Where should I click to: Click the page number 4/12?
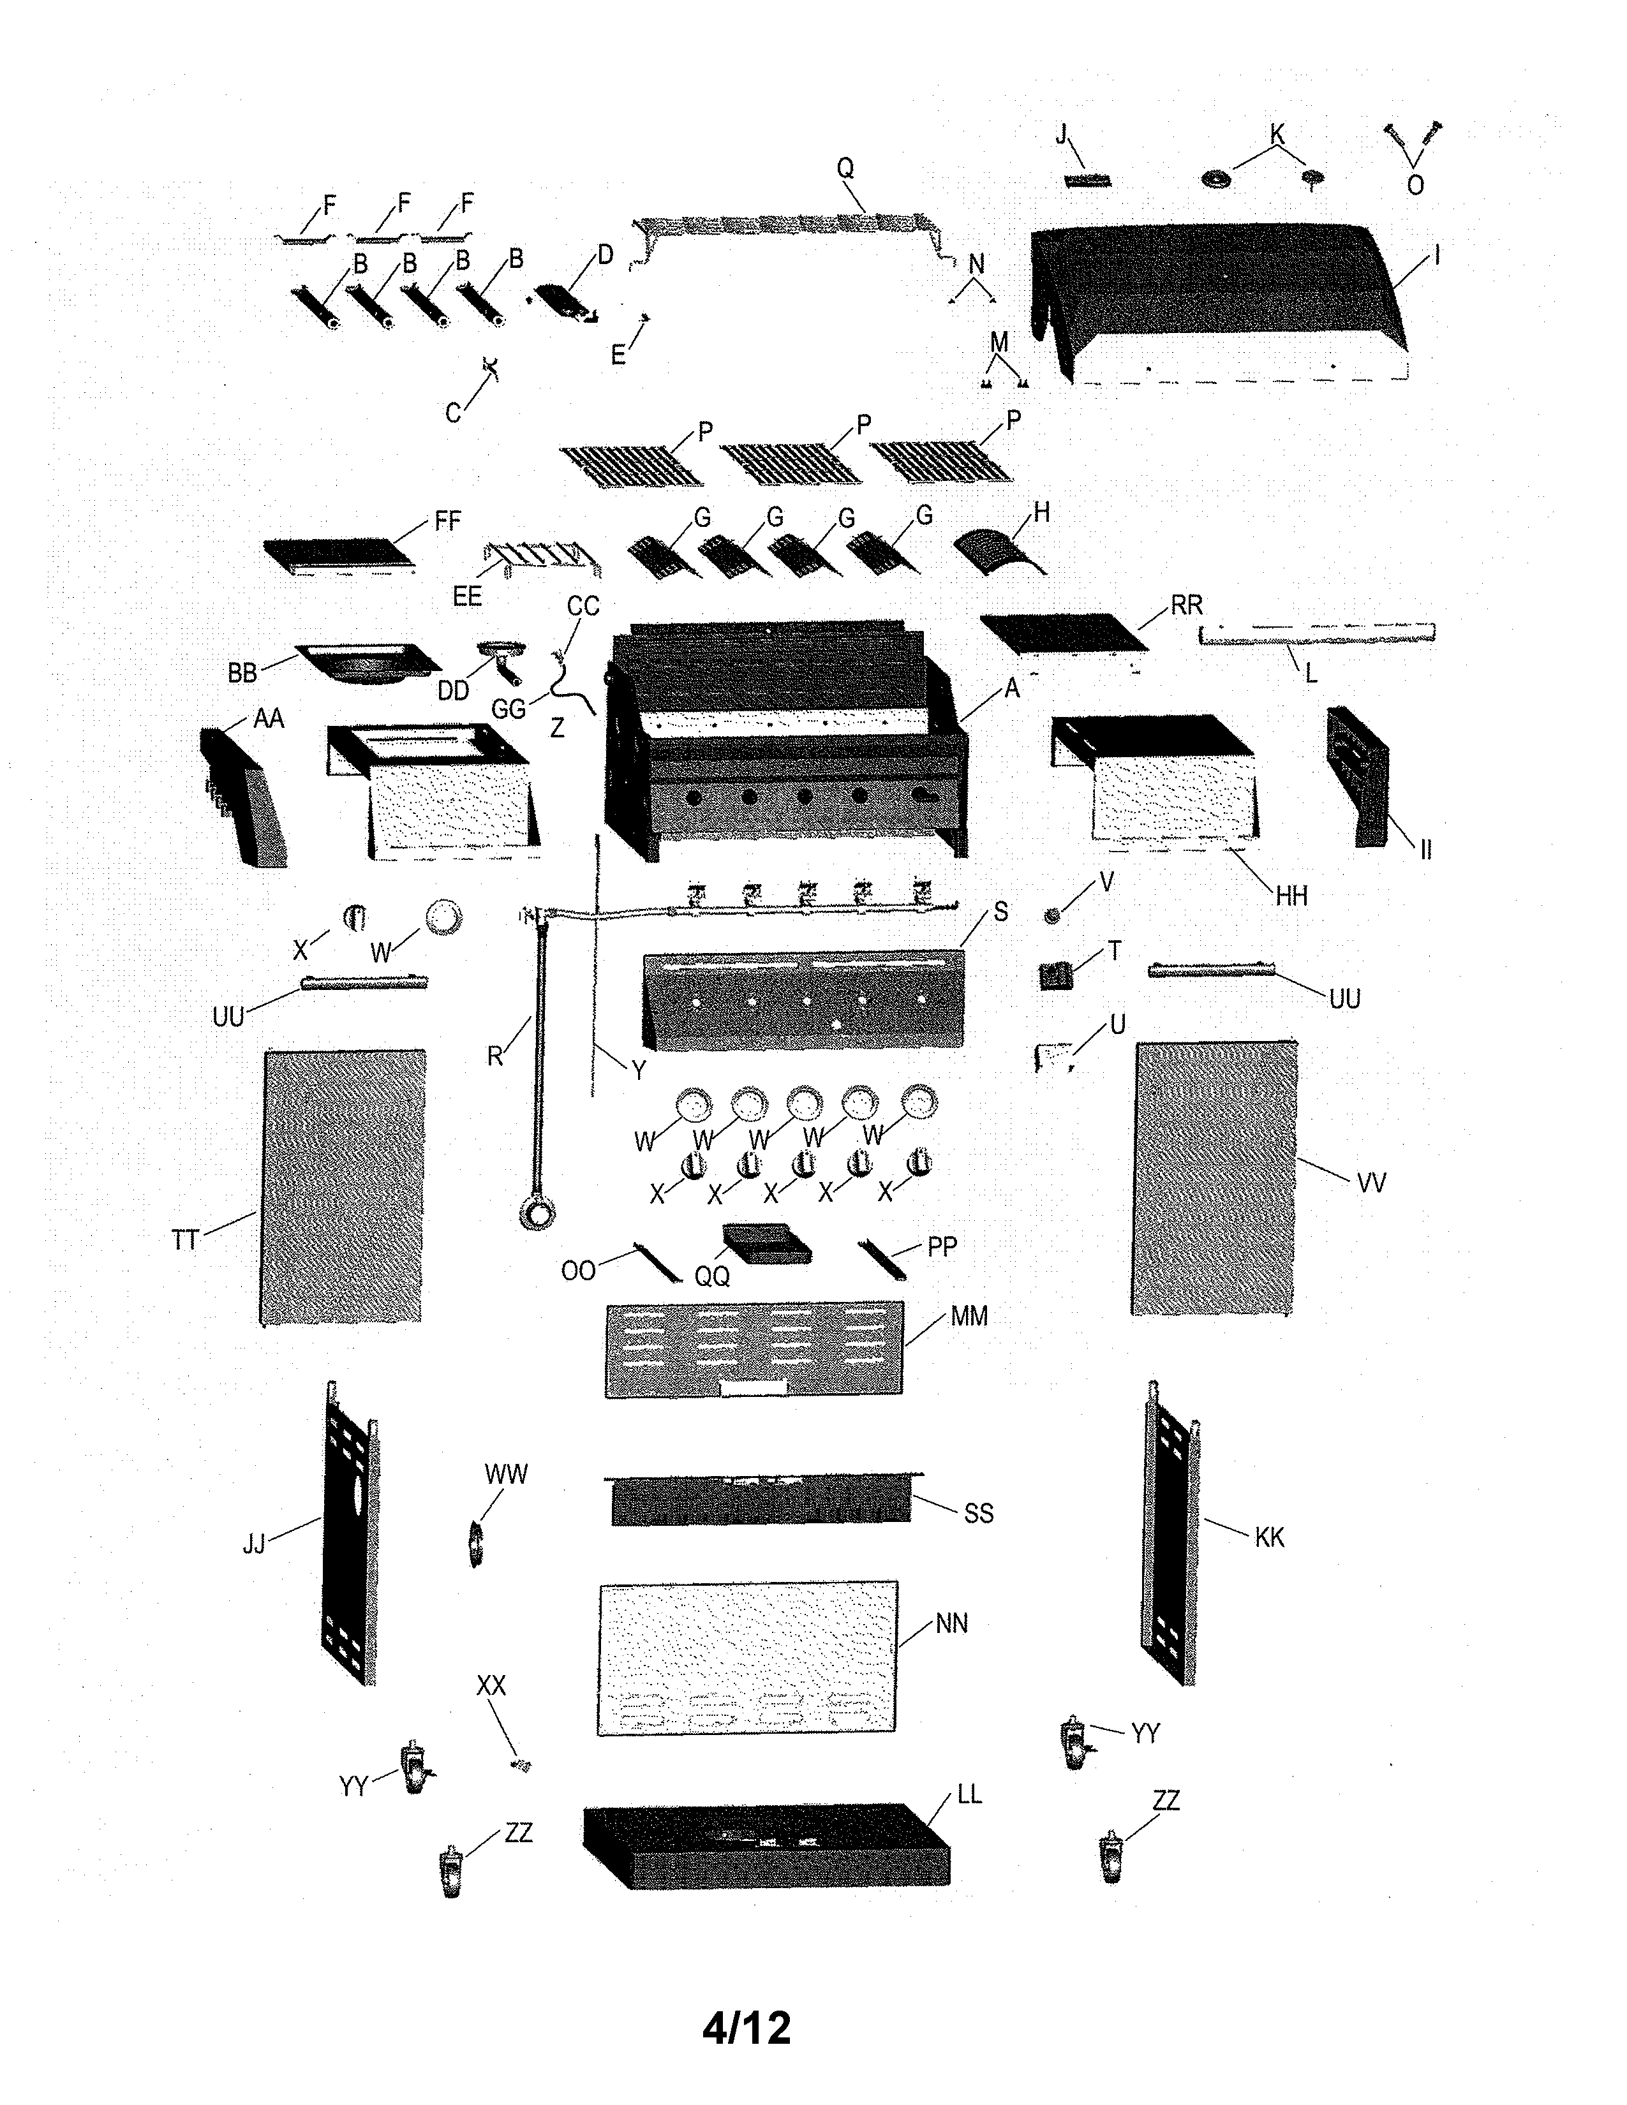[746, 2027]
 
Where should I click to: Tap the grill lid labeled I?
[1219, 299]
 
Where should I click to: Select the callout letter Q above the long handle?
[845, 168]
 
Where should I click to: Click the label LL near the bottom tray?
[969, 1794]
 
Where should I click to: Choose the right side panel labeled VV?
[1214, 1177]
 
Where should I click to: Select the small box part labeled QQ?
[766, 1243]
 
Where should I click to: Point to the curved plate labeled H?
[999, 551]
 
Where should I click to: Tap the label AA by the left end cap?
[269, 718]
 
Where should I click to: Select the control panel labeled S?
[802, 1000]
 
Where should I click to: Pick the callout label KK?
[1270, 1537]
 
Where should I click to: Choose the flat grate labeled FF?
[342, 555]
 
